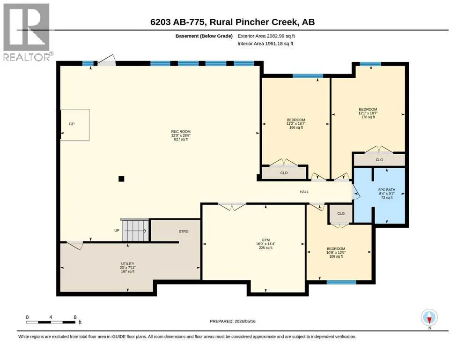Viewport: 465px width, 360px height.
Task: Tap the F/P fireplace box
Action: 75,125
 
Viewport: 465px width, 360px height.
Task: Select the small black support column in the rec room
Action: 121,179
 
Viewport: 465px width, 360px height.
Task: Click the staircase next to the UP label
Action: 135,230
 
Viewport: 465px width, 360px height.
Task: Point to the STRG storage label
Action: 184,232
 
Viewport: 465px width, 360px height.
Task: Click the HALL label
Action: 304,192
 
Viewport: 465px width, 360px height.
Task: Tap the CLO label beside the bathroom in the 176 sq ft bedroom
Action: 379,160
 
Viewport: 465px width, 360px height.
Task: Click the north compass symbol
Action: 429,318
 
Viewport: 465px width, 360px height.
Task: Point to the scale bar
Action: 51,322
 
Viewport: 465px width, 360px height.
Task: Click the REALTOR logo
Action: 26,32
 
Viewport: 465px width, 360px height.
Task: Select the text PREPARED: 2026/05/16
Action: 232,321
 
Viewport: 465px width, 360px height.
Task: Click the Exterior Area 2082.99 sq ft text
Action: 266,36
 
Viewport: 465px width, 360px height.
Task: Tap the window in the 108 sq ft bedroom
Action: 341,282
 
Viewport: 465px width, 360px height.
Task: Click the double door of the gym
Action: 232,206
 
